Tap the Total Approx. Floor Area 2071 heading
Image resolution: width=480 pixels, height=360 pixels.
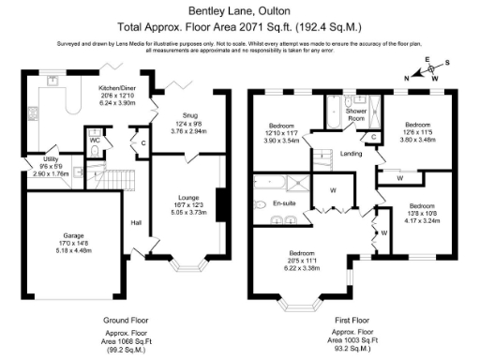coord(240,29)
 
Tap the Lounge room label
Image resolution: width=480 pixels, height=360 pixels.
coord(189,198)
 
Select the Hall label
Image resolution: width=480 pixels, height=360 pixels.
coord(135,222)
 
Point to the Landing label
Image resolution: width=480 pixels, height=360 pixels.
coord(352,154)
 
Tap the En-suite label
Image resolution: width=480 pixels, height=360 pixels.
coord(284,202)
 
